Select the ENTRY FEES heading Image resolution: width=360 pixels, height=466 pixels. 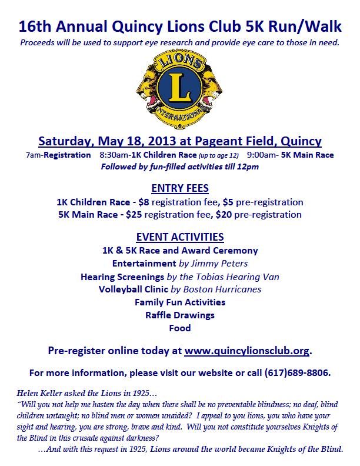pyautogui.click(x=179, y=188)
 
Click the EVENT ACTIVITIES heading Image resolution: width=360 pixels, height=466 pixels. pyautogui.click(x=179, y=237)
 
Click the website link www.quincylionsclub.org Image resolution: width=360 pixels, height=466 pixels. pyautogui.click(x=246, y=351)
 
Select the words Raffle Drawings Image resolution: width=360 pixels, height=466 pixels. pyautogui.click(x=179, y=315)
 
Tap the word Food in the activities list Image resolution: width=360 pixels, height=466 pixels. pyautogui.click(x=179, y=328)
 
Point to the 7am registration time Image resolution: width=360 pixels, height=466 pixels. pyautogui.click(x=33, y=155)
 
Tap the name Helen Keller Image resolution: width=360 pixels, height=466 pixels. pyautogui.click(x=38, y=393)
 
